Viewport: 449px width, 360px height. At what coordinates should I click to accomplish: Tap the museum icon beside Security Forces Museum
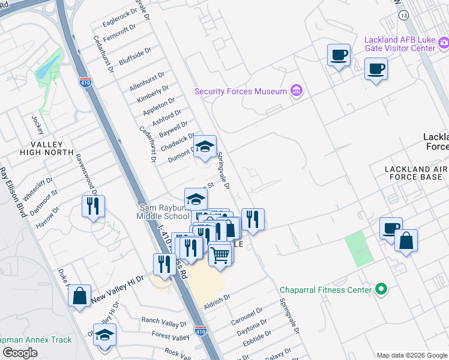coord(296,91)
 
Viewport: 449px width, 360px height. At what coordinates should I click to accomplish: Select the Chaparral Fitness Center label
coord(327,290)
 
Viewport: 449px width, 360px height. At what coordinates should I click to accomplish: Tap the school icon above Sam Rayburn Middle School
coord(195,199)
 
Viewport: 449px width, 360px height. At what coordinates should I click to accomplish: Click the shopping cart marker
coord(220,253)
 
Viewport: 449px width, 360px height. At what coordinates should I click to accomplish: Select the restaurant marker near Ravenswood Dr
coord(93,206)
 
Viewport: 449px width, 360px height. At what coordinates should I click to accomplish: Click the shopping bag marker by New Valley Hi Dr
coord(79,296)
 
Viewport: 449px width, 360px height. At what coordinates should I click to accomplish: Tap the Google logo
coord(20,353)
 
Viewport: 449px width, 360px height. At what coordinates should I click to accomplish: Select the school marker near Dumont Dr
coord(204,146)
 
